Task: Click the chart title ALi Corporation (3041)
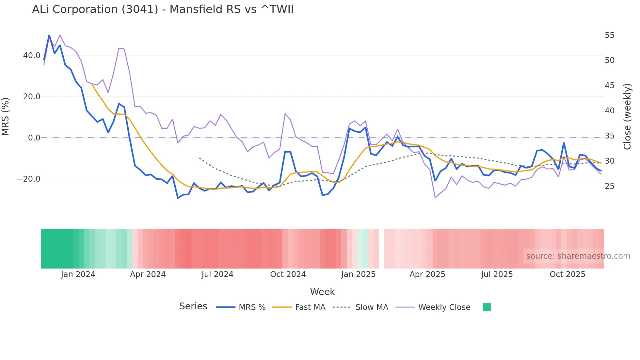pos(163,9)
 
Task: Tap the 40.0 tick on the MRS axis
pos(32,56)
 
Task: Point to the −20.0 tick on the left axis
pos(29,179)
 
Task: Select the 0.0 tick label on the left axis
pos(34,138)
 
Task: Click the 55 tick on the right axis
pos(609,35)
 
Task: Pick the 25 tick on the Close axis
pos(609,186)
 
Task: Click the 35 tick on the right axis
pos(609,136)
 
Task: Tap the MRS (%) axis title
pos(6,117)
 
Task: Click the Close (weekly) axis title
pos(627,117)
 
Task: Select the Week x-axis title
pos(322,292)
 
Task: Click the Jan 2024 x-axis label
pos(78,274)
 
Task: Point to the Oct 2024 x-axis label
pos(288,274)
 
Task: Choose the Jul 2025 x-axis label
pos(497,274)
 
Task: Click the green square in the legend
pos(487,307)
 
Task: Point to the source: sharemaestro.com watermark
pos(578,256)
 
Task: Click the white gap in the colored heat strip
pos(381,249)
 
